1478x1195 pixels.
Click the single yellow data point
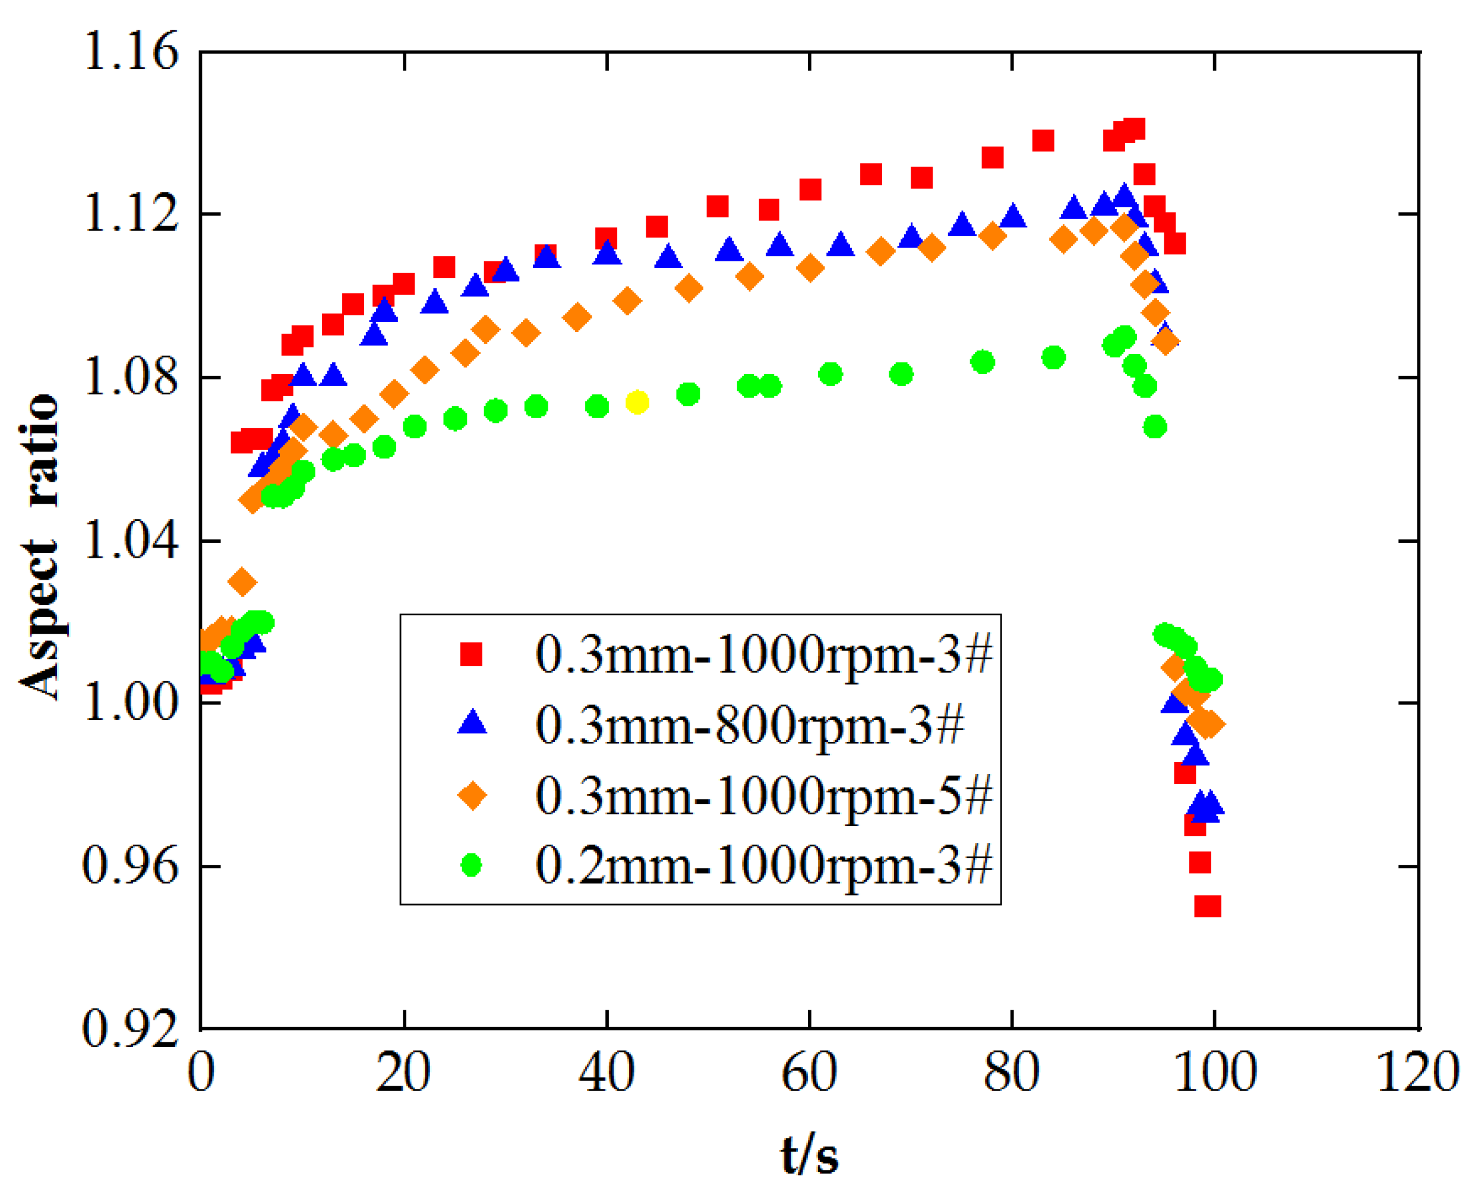point(637,402)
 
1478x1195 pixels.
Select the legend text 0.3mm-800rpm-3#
point(750,725)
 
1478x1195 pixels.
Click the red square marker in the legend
point(472,654)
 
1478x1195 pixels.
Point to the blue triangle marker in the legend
point(472,724)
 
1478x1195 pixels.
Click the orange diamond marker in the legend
point(472,796)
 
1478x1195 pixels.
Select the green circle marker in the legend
point(472,865)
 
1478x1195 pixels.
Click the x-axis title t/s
point(810,1155)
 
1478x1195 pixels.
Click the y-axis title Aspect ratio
point(40,547)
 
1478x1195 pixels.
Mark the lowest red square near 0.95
point(1208,906)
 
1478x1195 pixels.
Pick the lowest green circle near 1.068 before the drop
point(1155,427)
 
